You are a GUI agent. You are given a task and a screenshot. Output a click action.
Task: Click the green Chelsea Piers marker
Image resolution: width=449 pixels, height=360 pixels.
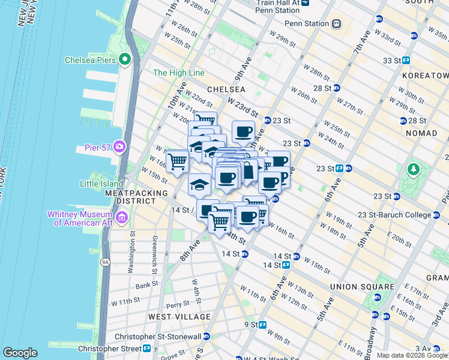[x=125, y=59]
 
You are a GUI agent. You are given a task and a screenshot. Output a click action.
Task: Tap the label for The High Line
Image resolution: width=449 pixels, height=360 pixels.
[x=179, y=73]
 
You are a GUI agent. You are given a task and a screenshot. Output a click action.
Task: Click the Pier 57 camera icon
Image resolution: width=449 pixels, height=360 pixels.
[x=119, y=146]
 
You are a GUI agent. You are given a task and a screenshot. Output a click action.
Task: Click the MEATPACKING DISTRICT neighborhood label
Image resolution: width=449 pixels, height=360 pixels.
[x=131, y=197]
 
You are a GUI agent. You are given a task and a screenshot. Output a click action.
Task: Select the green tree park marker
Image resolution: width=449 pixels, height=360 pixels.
[x=412, y=170]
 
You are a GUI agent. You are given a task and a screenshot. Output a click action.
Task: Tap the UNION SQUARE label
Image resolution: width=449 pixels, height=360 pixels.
[x=362, y=287]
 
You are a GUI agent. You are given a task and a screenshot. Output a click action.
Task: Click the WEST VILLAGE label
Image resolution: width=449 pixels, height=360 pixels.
[x=179, y=316]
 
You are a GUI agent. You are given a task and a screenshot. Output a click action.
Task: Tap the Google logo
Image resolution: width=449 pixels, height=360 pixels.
[x=20, y=353]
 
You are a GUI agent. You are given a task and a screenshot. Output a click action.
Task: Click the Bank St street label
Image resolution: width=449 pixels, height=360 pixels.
[x=147, y=286]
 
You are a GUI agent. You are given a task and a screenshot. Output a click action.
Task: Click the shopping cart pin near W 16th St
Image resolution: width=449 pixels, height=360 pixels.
[x=177, y=161]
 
